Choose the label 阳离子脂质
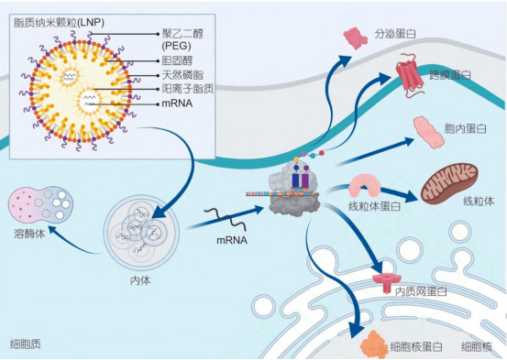(x=188, y=88)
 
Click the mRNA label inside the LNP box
(x=177, y=103)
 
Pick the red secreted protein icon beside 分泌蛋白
(x=354, y=38)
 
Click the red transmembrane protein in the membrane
(x=413, y=75)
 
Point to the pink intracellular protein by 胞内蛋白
(x=428, y=130)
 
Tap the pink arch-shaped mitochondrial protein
(x=371, y=186)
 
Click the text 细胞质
(x=25, y=344)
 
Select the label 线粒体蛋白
(x=374, y=206)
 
